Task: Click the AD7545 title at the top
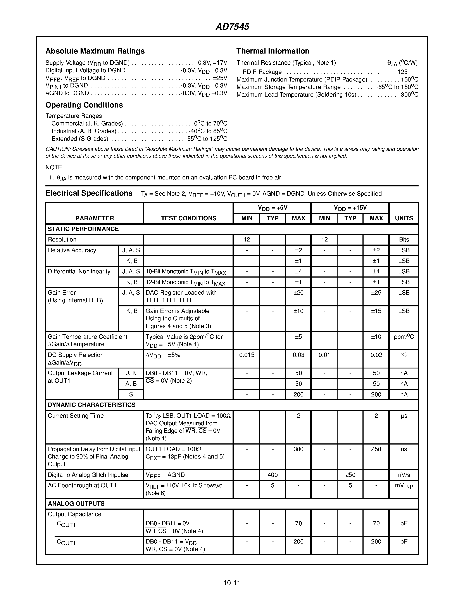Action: tap(232, 27)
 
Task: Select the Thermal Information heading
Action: tap(273, 51)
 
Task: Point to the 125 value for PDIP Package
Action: tap(402, 72)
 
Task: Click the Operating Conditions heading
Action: tap(84, 105)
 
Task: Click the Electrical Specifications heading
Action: tap(89, 193)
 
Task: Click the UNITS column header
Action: tap(404, 218)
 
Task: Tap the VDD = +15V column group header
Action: tap(350, 208)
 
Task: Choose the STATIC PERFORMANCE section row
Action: tap(83, 229)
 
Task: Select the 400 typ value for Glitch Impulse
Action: tap(273, 475)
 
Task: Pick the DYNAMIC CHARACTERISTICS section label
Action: tap(91, 405)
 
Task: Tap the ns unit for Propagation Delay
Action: tap(404, 449)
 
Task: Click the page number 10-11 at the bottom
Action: tap(232, 583)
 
